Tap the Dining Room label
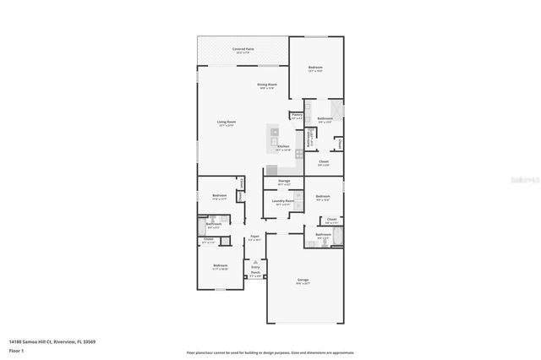(268, 85)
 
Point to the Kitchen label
(283, 146)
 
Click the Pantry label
(297, 116)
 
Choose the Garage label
(303, 280)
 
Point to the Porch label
(255, 273)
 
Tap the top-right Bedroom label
(315, 68)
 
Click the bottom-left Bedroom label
(220, 266)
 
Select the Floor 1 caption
(17, 350)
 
